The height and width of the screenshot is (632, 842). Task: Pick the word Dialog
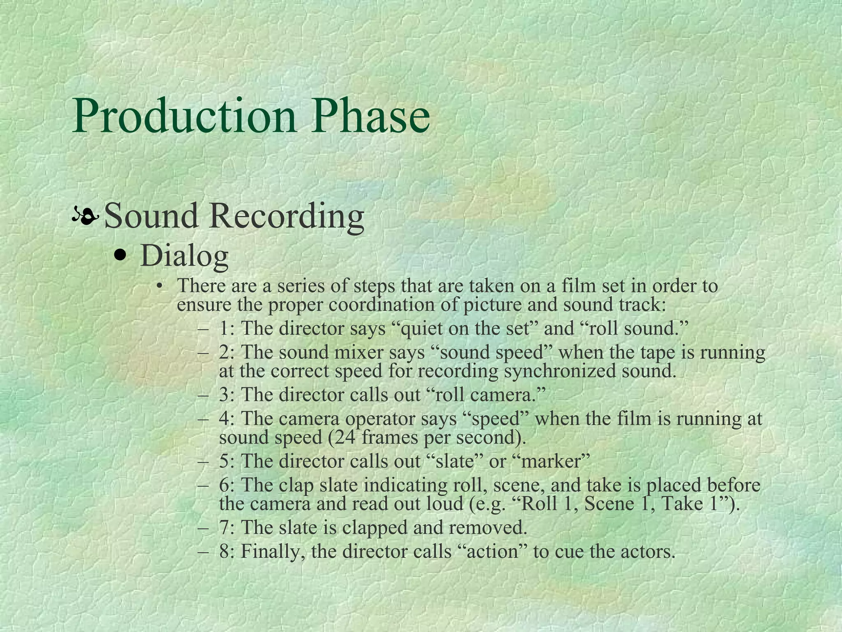pos(184,256)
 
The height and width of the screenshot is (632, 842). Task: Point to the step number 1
pos(224,328)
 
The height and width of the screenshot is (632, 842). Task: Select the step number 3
pos(224,395)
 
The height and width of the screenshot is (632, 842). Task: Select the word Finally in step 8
pos(273,551)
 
